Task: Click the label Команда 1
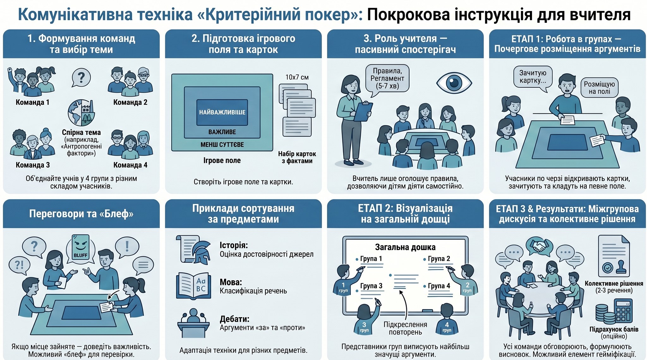[32, 102]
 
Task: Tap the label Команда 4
[130, 165]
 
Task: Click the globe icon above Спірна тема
[81, 113]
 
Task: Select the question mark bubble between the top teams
[81, 77]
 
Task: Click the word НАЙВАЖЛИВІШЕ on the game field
[222, 112]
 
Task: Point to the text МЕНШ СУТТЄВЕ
[222, 145]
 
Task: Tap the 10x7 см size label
[297, 77]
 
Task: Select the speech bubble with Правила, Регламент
[387, 78]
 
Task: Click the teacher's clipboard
[363, 111]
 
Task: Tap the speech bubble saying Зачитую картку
[533, 77]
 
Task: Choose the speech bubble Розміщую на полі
[599, 88]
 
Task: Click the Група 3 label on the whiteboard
[371, 286]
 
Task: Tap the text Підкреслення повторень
[405, 328]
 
